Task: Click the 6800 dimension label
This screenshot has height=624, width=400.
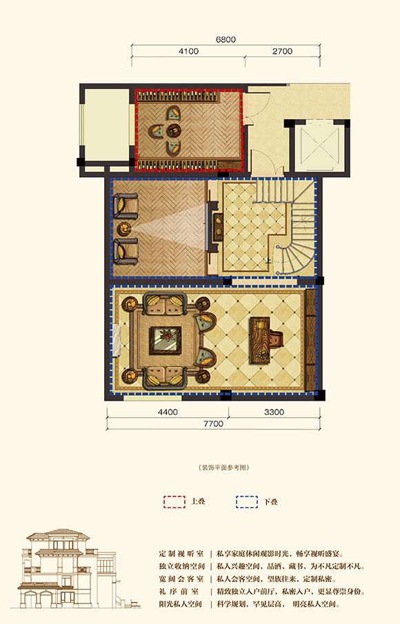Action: click(226, 39)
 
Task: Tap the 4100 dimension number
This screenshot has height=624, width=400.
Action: click(189, 51)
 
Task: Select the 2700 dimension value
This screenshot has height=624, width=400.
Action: click(282, 51)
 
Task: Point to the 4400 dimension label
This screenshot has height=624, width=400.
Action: click(168, 412)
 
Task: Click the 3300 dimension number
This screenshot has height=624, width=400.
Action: click(274, 412)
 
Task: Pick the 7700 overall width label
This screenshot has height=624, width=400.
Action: click(213, 424)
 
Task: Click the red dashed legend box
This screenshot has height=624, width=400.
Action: click(174, 502)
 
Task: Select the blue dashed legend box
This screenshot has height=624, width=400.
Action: click(247, 502)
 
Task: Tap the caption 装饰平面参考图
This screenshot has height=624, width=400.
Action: click(223, 467)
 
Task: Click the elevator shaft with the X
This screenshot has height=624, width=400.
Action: click(319, 146)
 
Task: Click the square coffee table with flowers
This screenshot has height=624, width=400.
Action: click(166, 340)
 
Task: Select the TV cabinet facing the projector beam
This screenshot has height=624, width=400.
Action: click(218, 228)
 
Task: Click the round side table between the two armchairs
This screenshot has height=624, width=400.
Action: click(124, 228)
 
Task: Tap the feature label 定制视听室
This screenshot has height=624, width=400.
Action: click(181, 554)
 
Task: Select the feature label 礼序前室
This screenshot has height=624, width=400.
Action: click(181, 592)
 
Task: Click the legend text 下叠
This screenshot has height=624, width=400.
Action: click(270, 502)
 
